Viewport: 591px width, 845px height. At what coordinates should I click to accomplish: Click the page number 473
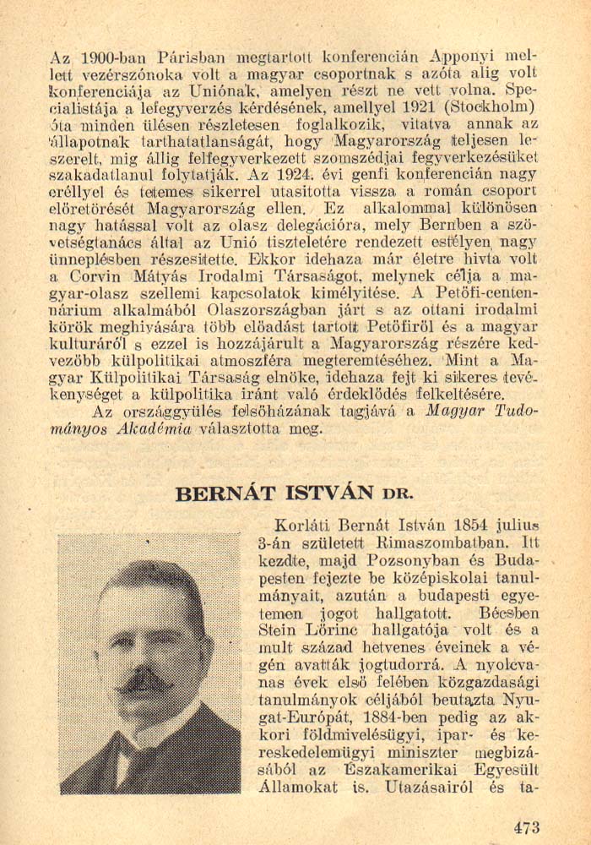pos(525,827)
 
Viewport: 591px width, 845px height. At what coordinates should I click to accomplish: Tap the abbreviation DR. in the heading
pos(398,494)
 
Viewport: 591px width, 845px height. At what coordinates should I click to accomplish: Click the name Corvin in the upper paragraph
pos(94,275)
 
